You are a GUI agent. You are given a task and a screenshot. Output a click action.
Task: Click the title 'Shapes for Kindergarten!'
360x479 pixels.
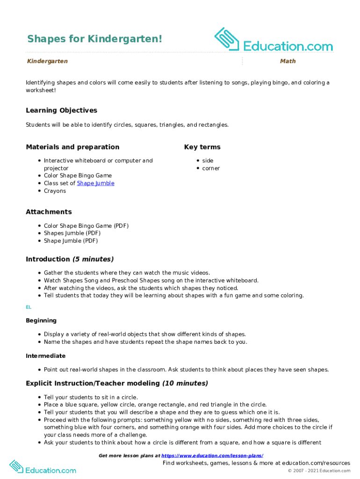pyautogui.click(x=94, y=38)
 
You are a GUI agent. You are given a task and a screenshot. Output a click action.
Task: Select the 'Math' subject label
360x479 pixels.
pyautogui.click(x=288, y=61)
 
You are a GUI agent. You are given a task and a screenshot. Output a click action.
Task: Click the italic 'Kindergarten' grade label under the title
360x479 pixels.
pyautogui.click(x=47, y=61)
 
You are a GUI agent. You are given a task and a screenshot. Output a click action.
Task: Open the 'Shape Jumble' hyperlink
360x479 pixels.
pyautogui.click(x=95, y=183)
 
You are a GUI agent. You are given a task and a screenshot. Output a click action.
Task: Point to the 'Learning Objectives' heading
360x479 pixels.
pyautogui.click(x=61, y=110)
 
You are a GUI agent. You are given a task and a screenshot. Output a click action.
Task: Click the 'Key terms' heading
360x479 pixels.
pyautogui.click(x=202, y=147)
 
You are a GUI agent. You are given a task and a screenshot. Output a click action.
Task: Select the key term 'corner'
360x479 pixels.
pyautogui.click(x=211, y=168)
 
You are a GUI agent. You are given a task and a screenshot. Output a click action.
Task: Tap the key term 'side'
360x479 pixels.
pyautogui.click(x=208, y=160)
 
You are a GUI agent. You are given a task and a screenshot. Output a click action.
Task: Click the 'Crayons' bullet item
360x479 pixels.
pyautogui.click(x=55, y=191)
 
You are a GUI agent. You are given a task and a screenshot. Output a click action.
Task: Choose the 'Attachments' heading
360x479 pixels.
pyautogui.click(x=49, y=212)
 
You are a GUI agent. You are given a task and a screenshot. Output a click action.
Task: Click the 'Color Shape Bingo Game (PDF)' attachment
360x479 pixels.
pyautogui.click(x=86, y=226)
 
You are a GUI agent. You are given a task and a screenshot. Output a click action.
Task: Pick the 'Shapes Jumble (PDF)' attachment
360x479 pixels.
pyautogui.click(x=72, y=233)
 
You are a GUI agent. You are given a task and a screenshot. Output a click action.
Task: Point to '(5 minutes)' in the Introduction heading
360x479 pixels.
pyautogui.click(x=93, y=259)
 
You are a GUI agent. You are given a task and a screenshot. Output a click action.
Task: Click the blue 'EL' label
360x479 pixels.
pyautogui.click(x=29, y=307)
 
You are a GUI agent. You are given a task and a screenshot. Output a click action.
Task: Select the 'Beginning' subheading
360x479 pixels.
pyautogui.click(x=41, y=320)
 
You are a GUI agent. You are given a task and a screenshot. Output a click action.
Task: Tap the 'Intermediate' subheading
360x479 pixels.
pyautogui.click(x=45, y=356)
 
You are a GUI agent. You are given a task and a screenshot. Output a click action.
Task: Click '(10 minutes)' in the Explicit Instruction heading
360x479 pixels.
pyautogui.click(x=185, y=383)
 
